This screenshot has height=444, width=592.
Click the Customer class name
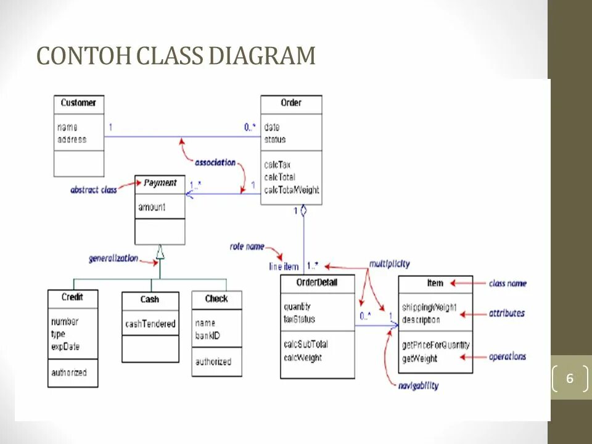(x=78, y=103)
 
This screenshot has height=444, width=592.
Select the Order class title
(x=291, y=103)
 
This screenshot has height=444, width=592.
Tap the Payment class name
(x=160, y=183)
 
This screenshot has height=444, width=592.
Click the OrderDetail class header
(x=317, y=283)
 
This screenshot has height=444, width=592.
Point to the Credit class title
(x=72, y=297)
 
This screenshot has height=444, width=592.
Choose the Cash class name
(x=150, y=300)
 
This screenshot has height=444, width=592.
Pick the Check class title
(x=216, y=299)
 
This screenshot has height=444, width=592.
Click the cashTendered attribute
(x=150, y=324)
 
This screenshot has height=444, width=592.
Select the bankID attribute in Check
(x=208, y=335)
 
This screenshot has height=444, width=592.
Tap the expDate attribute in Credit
(x=65, y=347)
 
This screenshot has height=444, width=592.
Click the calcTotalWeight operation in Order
(x=292, y=189)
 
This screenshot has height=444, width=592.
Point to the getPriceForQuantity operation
(x=435, y=345)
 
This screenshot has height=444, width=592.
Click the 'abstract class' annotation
(x=94, y=190)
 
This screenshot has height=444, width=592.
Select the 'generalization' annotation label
(x=113, y=258)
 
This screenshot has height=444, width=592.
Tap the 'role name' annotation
(x=247, y=247)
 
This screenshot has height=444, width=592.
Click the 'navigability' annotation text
(x=418, y=385)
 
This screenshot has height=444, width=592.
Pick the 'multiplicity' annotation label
(x=389, y=264)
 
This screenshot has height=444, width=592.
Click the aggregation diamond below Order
(x=303, y=211)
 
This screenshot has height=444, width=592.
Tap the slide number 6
(x=569, y=378)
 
